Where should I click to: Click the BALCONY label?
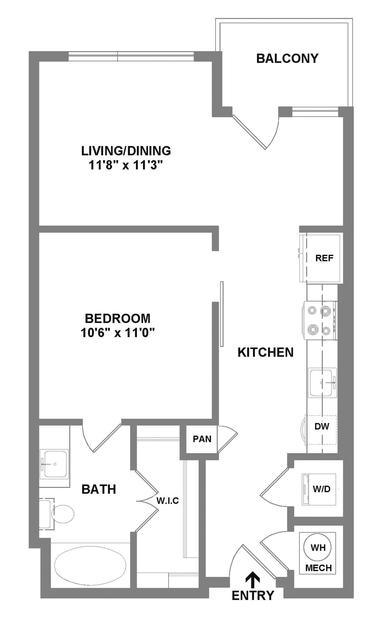[x=287, y=58]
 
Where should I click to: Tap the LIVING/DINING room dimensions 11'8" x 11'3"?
[x=126, y=165]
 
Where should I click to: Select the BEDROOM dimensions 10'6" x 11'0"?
[x=118, y=333]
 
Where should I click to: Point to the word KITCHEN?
[x=266, y=352]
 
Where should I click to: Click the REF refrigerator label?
[x=324, y=258]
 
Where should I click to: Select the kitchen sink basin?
[x=322, y=382]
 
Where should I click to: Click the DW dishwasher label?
[x=322, y=426]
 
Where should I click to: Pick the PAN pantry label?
[x=202, y=439]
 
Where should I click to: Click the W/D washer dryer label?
[x=322, y=489]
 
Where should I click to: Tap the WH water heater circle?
[x=318, y=547]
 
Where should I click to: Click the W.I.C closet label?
[x=167, y=501]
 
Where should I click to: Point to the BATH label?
[x=99, y=489]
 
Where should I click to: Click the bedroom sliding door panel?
[x=222, y=314]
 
